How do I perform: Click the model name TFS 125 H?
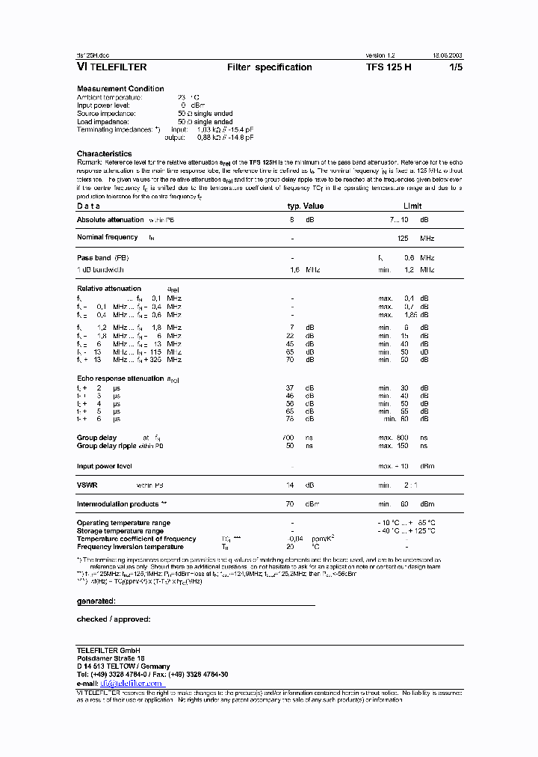tap(388, 67)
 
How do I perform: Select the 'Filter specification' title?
tap(269, 67)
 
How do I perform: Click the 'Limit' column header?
tap(412, 206)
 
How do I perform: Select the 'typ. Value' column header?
tap(306, 206)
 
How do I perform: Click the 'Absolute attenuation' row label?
tap(110, 220)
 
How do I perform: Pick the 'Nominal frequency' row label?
tap(108, 237)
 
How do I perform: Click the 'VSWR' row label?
tap(87, 485)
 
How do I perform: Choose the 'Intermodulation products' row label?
tap(117, 504)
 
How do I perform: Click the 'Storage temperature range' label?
tap(120, 531)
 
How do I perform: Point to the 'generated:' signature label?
tap(96, 601)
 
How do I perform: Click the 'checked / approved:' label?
tap(114, 619)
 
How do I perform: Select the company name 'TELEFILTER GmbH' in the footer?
tap(108, 649)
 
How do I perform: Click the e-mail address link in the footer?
tap(132, 683)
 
